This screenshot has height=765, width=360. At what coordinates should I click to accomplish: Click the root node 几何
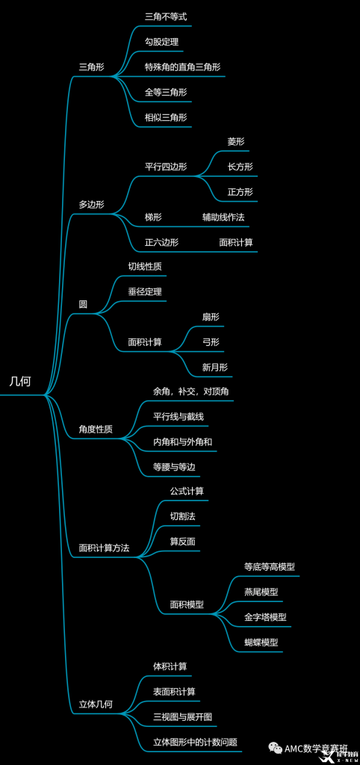(20, 382)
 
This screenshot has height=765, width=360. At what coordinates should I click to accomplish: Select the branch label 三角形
(92, 68)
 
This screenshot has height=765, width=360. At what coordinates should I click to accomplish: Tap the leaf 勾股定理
(158, 42)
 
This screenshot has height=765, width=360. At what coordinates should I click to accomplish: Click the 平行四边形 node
(166, 167)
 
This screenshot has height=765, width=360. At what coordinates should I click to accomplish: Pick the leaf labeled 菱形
(235, 141)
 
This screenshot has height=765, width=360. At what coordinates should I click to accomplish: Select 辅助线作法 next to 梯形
(223, 217)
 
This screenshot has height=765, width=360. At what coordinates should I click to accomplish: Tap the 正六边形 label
(161, 243)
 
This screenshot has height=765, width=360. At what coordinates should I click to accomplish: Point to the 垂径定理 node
(145, 292)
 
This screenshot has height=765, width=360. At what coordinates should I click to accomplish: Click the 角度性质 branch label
(96, 430)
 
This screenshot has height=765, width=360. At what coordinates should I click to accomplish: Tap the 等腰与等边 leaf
(174, 468)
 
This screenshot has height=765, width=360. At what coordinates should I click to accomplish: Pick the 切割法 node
(182, 517)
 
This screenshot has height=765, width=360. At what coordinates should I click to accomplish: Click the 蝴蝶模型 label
(261, 642)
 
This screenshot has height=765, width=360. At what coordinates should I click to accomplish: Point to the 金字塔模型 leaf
(265, 617)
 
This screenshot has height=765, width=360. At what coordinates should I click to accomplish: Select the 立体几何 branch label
(96, 704)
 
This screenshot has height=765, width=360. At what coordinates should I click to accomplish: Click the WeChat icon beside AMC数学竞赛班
(277, 748)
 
